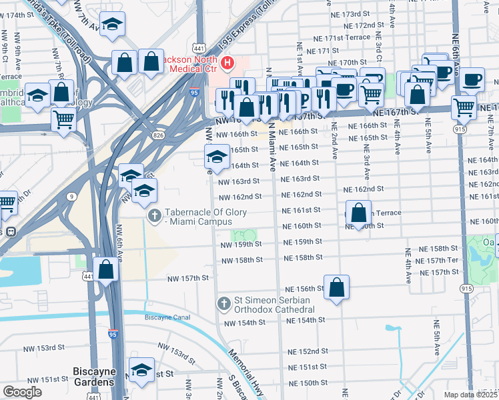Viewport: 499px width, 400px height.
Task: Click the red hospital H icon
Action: click(228, 63)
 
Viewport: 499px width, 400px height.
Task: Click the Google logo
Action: click(22, 392)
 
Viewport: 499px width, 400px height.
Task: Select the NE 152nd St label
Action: click(308, 351)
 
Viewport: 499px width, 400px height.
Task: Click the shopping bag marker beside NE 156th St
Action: click(337, 287)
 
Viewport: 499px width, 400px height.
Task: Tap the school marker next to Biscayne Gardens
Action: click(142, 370)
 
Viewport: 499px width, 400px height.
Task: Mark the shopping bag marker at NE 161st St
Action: click(358, 213)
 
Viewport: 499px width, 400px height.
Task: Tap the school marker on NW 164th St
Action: click(215, 157)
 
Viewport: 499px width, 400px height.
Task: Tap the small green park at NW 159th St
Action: click(245, 235)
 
